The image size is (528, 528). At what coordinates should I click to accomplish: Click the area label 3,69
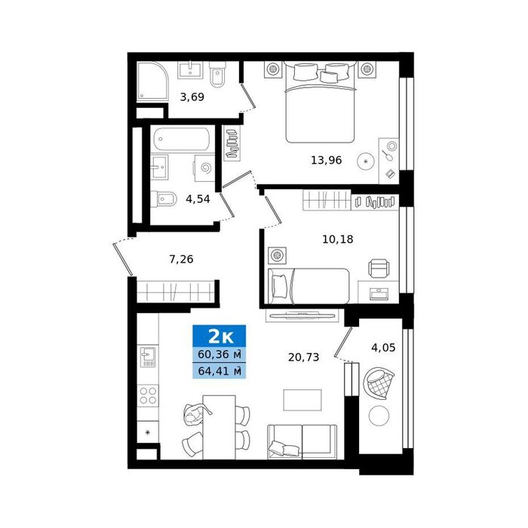tap(192, 97)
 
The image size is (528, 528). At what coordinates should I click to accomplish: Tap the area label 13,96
tap(326, 160)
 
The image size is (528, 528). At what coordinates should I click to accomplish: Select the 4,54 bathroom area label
tap(198, 199)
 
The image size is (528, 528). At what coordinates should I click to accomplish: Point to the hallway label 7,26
tap(181, 259)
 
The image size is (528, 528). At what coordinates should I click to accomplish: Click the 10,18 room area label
tap(338, 239)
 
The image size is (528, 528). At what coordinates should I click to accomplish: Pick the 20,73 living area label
tap(303, 357)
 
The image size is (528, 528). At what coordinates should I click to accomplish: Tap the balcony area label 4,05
tap(383, 348)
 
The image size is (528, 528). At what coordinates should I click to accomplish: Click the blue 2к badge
tap(219, 336)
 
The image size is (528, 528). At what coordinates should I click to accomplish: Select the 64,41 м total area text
tap(219, 371)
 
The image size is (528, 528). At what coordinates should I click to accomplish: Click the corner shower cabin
tap(152, 81)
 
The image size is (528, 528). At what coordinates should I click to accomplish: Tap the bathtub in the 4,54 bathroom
tap(182, 140)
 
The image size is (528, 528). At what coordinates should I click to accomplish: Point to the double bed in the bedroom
tap(320, 103)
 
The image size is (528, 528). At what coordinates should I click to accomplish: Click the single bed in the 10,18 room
tap(308, 286)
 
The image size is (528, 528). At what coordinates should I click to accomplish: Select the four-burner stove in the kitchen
tap(148, 396)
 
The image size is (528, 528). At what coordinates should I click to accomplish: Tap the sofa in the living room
tap(302, 442)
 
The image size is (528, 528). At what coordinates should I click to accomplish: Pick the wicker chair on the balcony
tap(379, 383)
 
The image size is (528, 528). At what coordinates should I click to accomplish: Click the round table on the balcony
tap(379, 416)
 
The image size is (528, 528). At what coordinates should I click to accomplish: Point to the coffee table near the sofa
tap(302, 400)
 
